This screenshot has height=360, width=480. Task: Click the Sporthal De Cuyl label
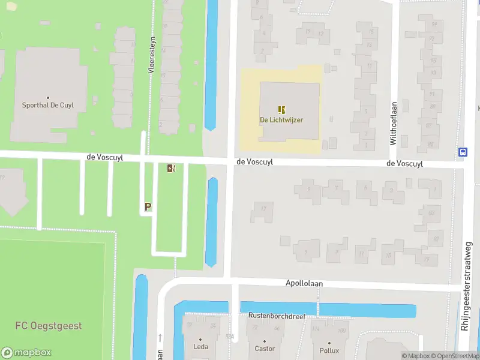tap(47, 105)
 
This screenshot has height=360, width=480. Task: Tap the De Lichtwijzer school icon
tap(281, 110)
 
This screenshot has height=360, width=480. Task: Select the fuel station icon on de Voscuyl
tap(172, 169)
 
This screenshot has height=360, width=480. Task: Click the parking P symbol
tap(148, 207)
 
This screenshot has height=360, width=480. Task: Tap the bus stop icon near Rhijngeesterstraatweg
tap(463, 152)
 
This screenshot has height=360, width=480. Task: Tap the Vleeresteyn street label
tap(152, 54)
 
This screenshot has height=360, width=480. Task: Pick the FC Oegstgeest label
tap(49, 326)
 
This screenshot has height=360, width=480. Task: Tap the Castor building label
tap(265, 349)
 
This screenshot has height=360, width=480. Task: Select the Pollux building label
tap(329, 350)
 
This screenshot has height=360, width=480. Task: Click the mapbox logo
tap(27, 352)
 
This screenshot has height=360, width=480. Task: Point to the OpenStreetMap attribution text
tap(454, 356)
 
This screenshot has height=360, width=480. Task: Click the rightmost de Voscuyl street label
tap(404, 163)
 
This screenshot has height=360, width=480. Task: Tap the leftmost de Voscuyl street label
tap(105, 157)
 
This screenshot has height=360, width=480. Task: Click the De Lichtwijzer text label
tap(281, 120)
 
